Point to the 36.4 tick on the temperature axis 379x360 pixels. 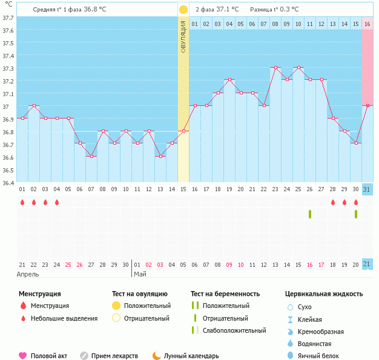8,183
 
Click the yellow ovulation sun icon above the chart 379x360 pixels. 183,10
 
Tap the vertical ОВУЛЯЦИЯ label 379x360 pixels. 183,36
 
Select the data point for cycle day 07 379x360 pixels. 91,156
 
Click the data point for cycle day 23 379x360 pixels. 275,68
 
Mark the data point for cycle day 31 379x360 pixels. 367,105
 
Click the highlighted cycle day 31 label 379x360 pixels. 367,189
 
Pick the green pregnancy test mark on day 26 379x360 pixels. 310,214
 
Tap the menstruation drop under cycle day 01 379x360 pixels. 22,202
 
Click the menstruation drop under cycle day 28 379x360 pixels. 333,202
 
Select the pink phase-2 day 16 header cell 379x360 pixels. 367,24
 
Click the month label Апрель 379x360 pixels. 28,274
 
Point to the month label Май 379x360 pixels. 140,274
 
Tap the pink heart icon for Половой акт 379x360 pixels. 23,356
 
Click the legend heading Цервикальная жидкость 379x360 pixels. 324,294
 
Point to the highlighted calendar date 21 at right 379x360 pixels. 367,264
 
